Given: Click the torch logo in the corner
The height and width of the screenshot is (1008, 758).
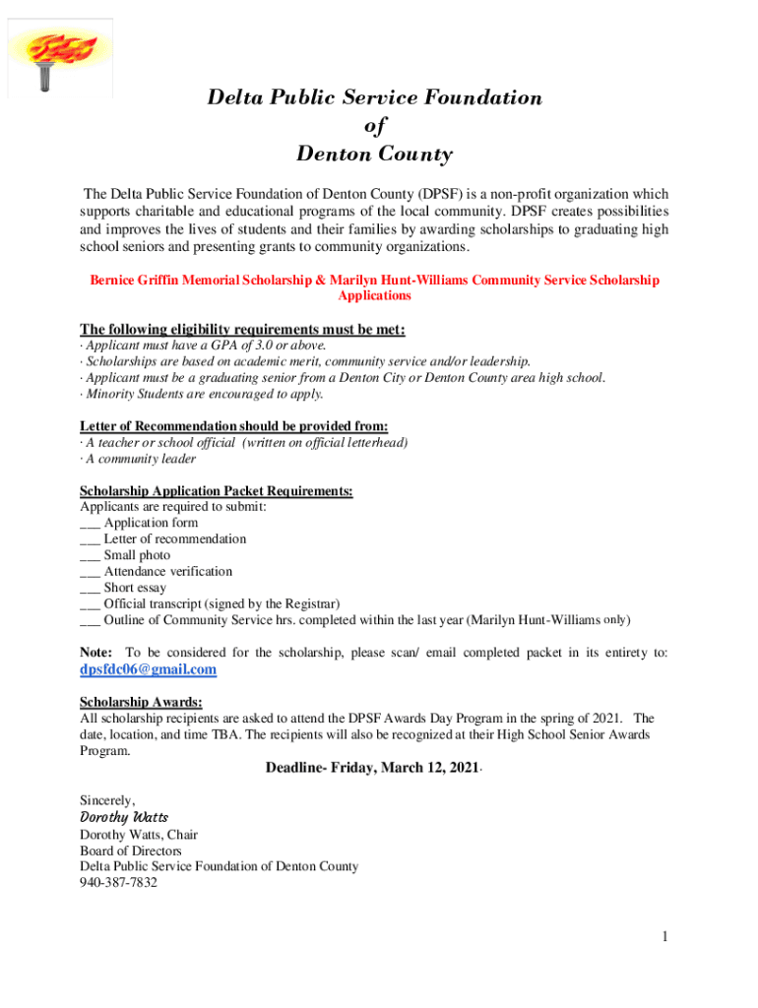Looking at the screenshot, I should (x=52, y=54).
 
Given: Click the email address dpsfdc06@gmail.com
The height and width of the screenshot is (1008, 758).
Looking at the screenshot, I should (x=148, y=670).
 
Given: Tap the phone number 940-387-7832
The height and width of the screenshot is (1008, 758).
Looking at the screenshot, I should (x=118, y=883).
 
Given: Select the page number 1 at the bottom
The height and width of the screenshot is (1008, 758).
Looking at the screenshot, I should (x=665, y=937).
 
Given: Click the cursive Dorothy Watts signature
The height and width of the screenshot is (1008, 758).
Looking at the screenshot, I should (x=123, y=817).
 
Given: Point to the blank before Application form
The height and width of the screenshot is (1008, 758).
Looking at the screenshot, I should (x=90, y=524).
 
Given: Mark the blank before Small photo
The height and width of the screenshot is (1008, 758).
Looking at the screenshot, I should (x=90, y=556).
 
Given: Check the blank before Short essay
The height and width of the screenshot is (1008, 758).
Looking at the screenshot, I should (x=90, y=589).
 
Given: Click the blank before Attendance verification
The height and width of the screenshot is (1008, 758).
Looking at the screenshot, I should (x=90, y=572).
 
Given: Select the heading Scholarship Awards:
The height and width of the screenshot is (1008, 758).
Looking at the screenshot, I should (x=141, y=702).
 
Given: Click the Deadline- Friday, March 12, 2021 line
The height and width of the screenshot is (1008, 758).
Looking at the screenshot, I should (x=372, y=768).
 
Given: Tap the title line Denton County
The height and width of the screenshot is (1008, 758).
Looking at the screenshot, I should (x=374, y=155).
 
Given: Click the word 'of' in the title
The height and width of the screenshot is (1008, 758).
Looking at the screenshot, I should (x=375, y=126).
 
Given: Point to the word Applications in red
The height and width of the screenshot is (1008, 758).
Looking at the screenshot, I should (x=374, y=295).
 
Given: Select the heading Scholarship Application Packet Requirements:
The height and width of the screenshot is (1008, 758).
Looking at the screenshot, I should (x=216, y=491).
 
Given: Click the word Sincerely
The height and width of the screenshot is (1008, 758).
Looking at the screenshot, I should (x=107, y=800).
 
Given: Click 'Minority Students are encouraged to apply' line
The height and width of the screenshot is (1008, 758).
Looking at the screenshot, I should (x=202, y=394).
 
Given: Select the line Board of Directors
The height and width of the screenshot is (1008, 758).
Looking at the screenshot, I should (x=130, y=850).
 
